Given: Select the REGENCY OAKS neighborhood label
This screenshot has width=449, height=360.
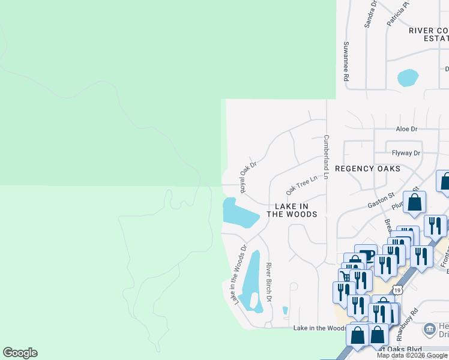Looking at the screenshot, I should [367, 169].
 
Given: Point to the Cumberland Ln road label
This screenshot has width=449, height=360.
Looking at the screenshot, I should [327, 157].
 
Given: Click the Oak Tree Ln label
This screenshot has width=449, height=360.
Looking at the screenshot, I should [301, 185].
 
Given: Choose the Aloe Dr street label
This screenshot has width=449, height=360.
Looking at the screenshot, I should [406, 129].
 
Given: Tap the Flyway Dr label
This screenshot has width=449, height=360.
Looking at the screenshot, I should [406, 153].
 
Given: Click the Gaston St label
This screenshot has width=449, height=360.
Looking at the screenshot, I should [381, 200].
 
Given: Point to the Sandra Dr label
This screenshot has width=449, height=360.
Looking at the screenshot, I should [370, 14].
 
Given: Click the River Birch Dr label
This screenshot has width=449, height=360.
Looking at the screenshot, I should [269, 282].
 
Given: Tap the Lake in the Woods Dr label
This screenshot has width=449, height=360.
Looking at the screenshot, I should [239, 274].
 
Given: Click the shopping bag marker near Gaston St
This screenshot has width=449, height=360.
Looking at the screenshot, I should [414, 203].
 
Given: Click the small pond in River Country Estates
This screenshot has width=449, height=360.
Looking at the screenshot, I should [408, 77].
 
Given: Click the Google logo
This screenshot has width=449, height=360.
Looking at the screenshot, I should [20, 353].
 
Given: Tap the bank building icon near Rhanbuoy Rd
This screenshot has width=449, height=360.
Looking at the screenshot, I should [430, 329].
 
